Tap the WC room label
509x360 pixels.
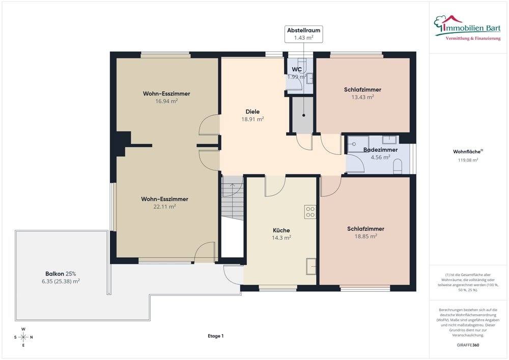click(297, 69)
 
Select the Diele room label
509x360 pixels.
click(252, 112)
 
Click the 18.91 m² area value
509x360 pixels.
click(252, 119)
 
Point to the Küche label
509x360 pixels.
click(281, 230)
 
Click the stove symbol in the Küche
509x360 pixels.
click(310, 212)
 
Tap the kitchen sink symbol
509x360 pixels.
click(310, 266)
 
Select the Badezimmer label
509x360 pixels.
click(380, 150)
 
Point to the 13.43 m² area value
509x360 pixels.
click(362, 97)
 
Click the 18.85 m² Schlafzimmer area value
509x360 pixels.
click(365, 236)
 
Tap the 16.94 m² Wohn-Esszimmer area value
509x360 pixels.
click(166, 101)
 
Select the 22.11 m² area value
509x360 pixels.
click(165, 206)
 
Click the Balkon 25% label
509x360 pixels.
click(61, 273)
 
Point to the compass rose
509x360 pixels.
click(23, 337)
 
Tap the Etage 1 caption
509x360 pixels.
click(215, 336)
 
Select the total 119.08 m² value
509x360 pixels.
click(468, 160)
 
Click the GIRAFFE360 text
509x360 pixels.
click(468, 345)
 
